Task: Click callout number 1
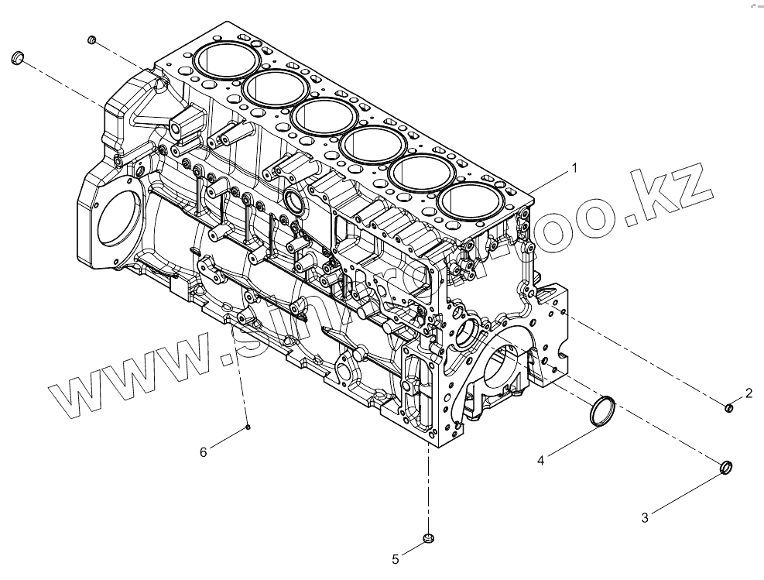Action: click(x=574, y=166)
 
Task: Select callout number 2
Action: click(x=749, y=393)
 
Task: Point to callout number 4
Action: click(x=541, y=461)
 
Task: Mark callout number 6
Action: click(x=204, y=452)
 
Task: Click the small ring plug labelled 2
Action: click(x=729, y=407)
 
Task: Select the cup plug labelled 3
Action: click(x=726, y=468)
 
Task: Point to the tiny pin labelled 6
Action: click(x=247, y=426)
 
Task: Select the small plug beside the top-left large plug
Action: click(x=91, y=39)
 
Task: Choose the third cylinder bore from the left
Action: click(x=324, y=116)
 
